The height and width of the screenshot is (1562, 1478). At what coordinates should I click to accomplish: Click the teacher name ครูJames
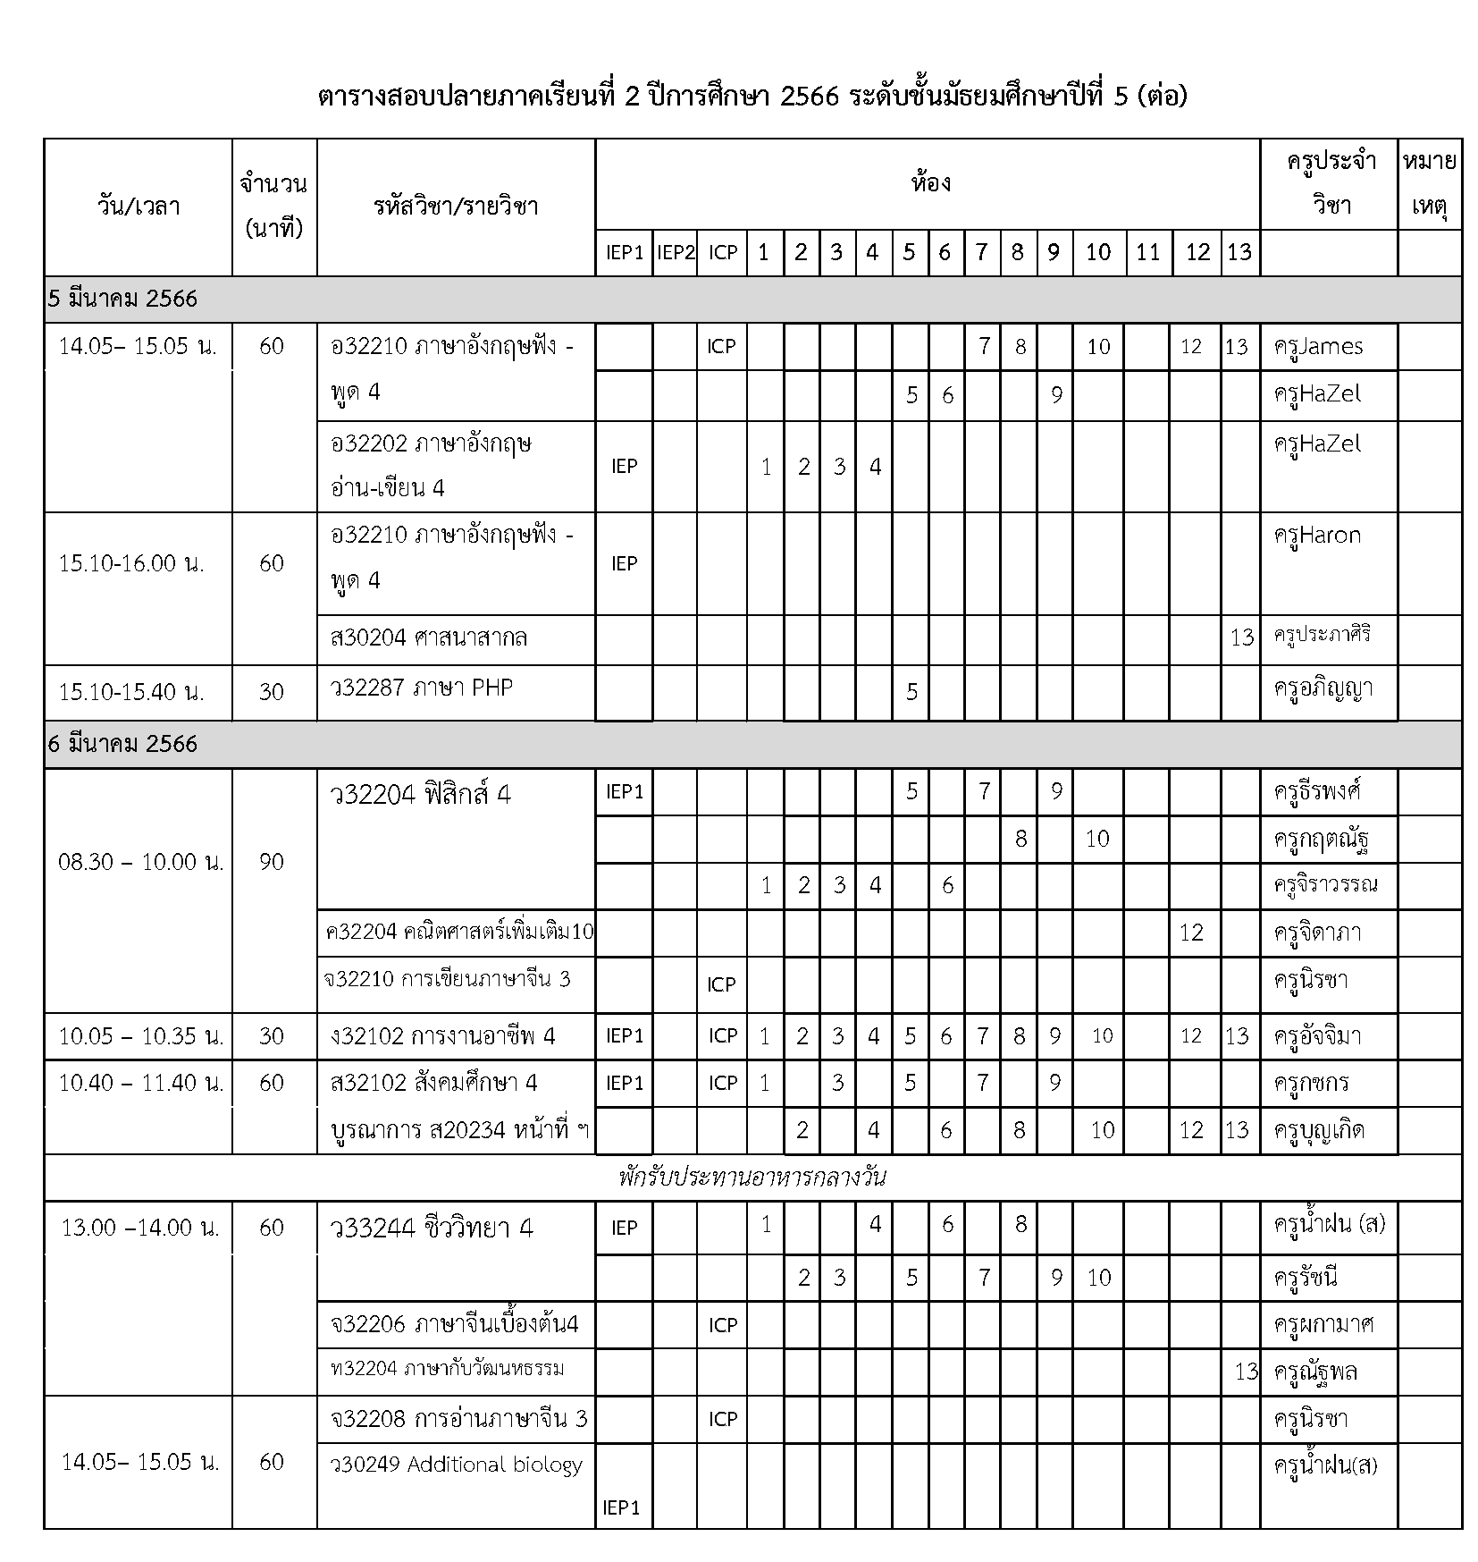pyautogui.click(x=1318, y=346)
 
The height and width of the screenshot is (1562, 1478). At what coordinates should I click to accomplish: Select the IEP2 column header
pyautogui.click(x=675, y=253)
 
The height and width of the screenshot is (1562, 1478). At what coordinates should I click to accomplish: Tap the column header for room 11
pyautogui.click(x=1147, y=253)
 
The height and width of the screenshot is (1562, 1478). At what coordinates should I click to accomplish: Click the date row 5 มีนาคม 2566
pyautogui.click(x=122, y=300)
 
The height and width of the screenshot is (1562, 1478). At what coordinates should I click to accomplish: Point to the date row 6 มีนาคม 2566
pyautogui.click(x=122, y=744)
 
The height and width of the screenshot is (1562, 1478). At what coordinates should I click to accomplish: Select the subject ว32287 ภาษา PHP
pyautogui.click(x=422, y=688)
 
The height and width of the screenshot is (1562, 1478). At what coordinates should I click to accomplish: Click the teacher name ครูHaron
pyautogui.click(x=1317, y=536)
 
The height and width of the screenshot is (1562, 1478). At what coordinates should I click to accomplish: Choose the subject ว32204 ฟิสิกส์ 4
pyautogui.click(x=420, y=794)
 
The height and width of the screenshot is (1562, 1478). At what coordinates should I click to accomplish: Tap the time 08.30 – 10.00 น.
pyautogui.click(x=140, y=862)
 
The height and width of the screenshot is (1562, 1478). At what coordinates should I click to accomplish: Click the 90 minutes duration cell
pyautogui.click(x=272, y=862)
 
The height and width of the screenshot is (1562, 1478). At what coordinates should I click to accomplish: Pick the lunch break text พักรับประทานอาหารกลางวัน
pyautogui.click(x=752, y=1177)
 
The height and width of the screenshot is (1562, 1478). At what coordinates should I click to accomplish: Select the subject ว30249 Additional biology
pyautogui.click(x=456, y=1465)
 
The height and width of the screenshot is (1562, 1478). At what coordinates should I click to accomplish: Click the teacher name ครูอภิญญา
pyautogui.click(x=1323, y=689)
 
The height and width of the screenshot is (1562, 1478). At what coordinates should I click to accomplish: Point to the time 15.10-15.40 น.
pyautogui.click(x=131, y=691)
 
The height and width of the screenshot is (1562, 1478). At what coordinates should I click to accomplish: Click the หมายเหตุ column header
pyautogui.click(x=1429, y=185)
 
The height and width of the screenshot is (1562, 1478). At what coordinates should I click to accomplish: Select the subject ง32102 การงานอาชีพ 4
pyautogui.click(x=442, y=1036)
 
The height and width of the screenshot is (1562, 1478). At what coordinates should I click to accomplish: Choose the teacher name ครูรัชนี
pyautogui.click(x=1306, y=1277)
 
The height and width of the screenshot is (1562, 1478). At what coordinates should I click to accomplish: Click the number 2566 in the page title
pyautogui.click(x=809, y=96)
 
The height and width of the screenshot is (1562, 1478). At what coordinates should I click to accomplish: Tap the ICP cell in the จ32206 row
pyautogui.click(x=722, y=1325)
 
